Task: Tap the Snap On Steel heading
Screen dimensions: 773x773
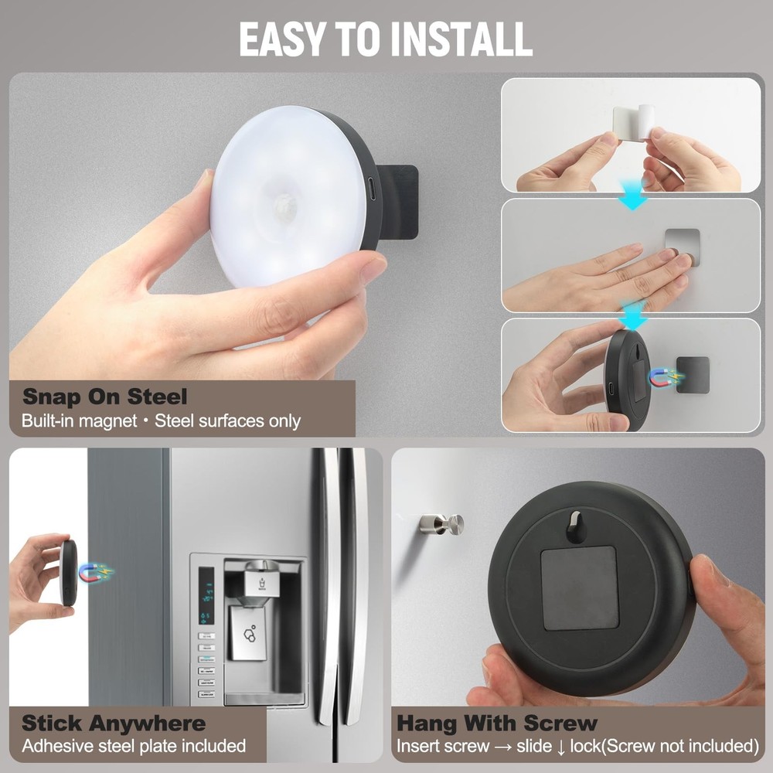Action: [104, 398]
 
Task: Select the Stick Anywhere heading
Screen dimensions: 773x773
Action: [114, 724]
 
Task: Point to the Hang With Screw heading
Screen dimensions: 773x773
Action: [497, 724]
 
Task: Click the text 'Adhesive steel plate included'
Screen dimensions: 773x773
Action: [134, 746]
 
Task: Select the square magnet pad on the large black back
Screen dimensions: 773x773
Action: [579, 588]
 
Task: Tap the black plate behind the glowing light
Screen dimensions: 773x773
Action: [399, 202]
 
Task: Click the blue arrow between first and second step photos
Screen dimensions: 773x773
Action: [633, 199]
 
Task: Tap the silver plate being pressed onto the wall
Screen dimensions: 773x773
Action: [683, 246]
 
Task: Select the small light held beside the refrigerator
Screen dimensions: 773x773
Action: [68, 572]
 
